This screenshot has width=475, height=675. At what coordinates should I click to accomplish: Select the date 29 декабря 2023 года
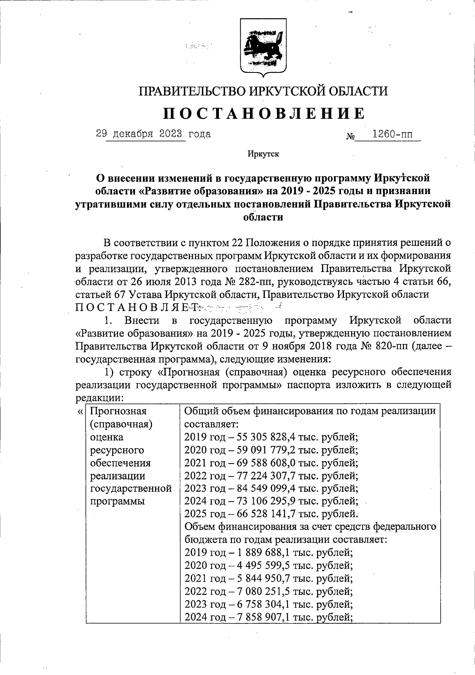(x=154, y=134)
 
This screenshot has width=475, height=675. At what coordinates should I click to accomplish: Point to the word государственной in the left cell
(x=131, y=489)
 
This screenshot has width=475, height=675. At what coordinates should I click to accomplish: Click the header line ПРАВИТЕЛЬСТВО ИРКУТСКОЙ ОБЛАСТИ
(x=263, y=91)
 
